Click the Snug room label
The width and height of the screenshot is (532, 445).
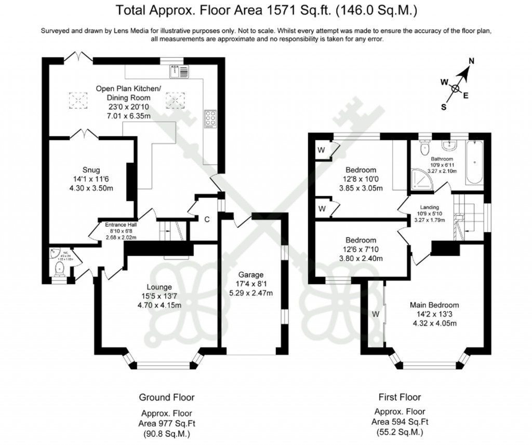tap(90, 170)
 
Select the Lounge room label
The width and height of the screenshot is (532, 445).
tap(158, 286)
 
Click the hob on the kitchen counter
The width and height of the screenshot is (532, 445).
tap(211, 119)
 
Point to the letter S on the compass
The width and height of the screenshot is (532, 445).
tap(444, 107)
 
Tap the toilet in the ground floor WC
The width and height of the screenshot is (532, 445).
tap(60, 268)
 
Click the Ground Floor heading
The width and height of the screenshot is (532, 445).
tap(166, 397)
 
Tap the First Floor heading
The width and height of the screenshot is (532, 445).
tap(399, 397)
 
